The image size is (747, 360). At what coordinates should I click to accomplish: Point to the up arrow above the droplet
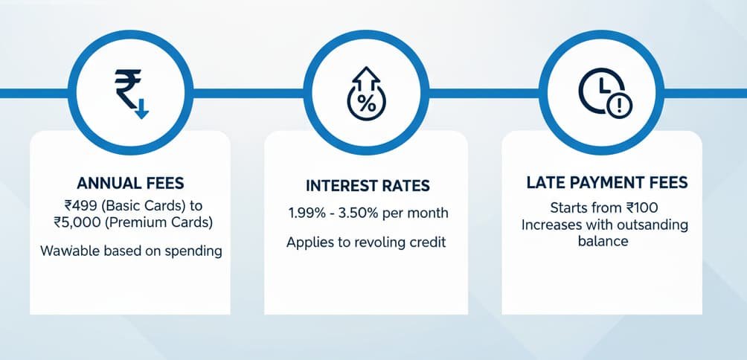point(366,76)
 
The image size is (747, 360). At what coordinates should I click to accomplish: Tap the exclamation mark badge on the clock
point(618,106)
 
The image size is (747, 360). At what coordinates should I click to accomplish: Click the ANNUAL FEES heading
point(130,182)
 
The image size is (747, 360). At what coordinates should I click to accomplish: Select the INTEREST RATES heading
point(367,185)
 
